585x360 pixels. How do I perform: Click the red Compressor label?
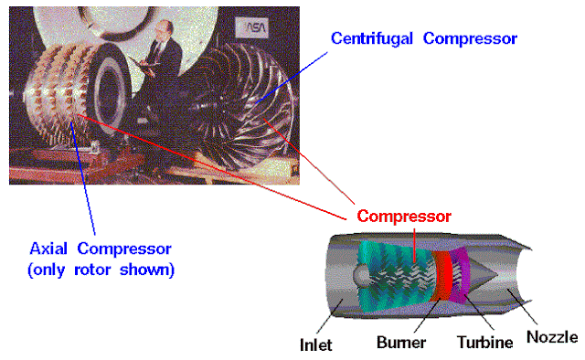pos(403,217)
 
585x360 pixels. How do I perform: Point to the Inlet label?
pos(315,344)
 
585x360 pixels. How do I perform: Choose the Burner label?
pos(399,344)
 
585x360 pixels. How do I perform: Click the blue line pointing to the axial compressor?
pos(87,183)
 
